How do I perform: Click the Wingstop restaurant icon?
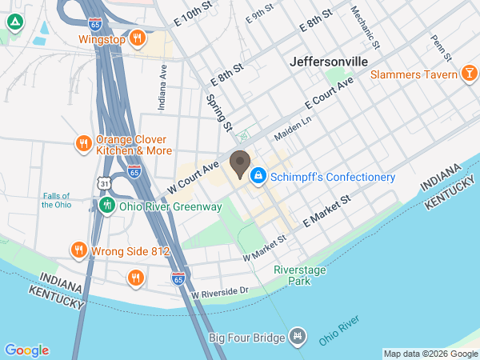pyautogui.click(x=138, y=38)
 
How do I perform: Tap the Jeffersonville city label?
pyautogui.click(x=329, y=61)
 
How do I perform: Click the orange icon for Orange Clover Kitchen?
pyautogui.click(x=83, y=143)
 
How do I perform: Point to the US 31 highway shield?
pyautogui.click(x=106, y=184)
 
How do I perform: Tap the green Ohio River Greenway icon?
pyautogui.click(x=106, y=206)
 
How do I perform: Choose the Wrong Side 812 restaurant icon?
pyautogui.click(x=78, y=250)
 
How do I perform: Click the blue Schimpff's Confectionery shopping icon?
pyautogui.click(x=258, y=176)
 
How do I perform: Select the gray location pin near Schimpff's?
pyautogui.click(x=239, y=164)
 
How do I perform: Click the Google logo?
pyautogui.click(x=26, y=350)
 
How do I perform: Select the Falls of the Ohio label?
pyautogui.click(x=56, y=200)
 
